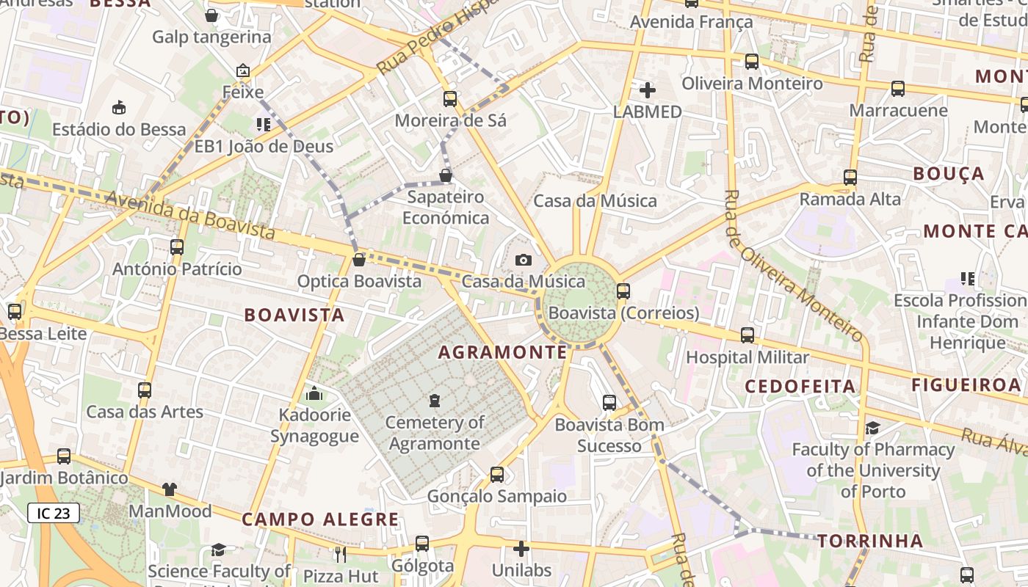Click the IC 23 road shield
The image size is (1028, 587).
pos(54,513)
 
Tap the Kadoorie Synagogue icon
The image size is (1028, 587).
pos(314,394)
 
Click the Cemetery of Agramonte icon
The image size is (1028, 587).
pos(435,401)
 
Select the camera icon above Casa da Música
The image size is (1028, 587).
pos(523,260)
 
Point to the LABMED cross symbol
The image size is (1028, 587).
pos(648,90)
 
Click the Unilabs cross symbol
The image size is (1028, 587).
pos(521,549)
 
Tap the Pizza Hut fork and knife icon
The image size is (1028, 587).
pos(340,554)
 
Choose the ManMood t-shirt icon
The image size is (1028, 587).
pos(170,489)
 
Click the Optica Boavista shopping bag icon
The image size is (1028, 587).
pos(359,260)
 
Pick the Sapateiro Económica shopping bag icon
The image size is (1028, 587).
pos(446,175)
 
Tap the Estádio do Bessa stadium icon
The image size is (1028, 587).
pos(119,108)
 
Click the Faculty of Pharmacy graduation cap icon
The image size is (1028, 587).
pos(872,428)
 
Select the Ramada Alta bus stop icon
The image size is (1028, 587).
pos(850,177)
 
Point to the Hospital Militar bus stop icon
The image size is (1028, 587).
pos(748,335)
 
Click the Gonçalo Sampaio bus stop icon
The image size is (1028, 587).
pos(497,475)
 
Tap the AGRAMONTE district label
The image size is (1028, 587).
pos(502,352)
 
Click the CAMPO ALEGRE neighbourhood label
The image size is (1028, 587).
pos(320,519)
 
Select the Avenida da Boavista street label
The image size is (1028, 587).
pos(190,216)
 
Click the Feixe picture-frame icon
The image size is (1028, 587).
pos(243,71)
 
